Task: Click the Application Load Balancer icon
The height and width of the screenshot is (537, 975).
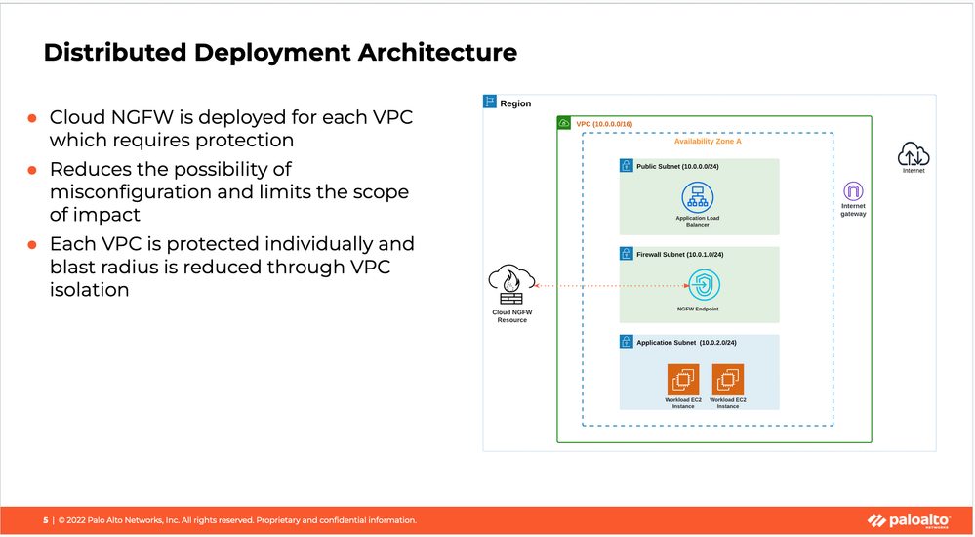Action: pos(697,198)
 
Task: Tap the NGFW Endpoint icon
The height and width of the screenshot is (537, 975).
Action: pos(703,286)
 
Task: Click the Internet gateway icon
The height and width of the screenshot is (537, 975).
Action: pos(853,190)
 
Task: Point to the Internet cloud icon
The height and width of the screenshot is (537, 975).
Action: pos(914,153)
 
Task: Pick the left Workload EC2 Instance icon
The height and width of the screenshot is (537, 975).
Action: pos(682,380)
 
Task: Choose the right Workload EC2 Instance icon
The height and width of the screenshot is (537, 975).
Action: pos(728,380)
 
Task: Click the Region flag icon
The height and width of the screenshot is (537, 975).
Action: pos(491,103)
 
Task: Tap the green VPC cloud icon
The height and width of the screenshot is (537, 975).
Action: pos(565,124)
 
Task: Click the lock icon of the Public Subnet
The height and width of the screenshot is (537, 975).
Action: pos(627,166)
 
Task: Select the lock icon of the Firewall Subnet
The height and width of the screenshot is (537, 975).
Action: pos(627,254)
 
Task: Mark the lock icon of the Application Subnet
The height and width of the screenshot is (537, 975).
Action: pos(627,343)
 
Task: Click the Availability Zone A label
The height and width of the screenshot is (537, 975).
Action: pos(708,142)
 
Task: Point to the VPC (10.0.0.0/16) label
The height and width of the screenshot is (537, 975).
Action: pos(605,124)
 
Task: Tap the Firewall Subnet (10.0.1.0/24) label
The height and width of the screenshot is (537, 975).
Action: pos(680,254)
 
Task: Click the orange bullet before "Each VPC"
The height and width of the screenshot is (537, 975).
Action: pos(31,244)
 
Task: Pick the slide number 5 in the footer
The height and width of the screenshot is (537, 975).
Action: pos(45,520)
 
